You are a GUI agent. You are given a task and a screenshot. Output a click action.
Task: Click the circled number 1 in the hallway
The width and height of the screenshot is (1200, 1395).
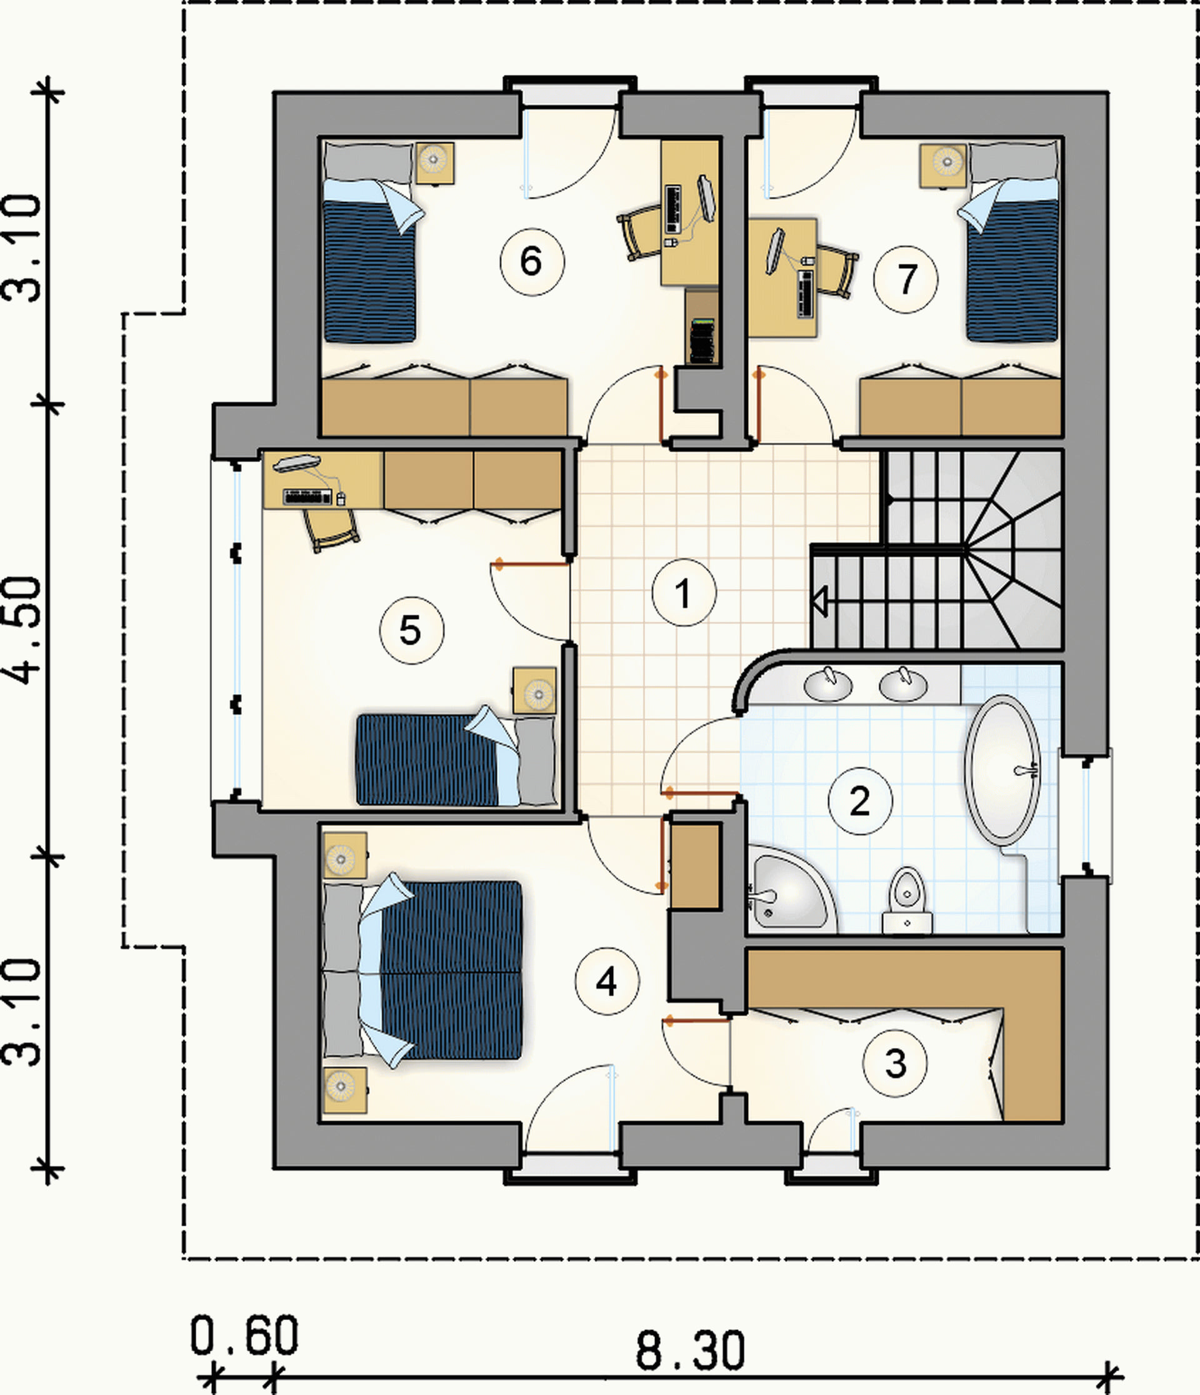click(x=684, y=593)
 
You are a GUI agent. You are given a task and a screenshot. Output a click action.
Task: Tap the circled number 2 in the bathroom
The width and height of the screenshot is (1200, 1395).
click(x=860, y=801)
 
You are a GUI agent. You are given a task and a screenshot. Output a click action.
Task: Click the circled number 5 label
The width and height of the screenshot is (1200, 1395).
click(x=412, y=631)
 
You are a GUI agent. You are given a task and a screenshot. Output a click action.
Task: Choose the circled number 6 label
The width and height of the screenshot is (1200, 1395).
click(x=532, y=262)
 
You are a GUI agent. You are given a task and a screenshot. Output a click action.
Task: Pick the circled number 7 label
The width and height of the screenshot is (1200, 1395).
click(x=906, y=280)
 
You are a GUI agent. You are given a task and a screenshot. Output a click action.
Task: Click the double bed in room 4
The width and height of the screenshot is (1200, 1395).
click(x=424, y=970)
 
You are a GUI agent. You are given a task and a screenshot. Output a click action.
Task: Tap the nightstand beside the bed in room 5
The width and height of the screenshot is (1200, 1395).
click(x=534, y=691)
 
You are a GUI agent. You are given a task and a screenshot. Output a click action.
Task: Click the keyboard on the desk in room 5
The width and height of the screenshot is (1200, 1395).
click(x=307, y=497)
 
